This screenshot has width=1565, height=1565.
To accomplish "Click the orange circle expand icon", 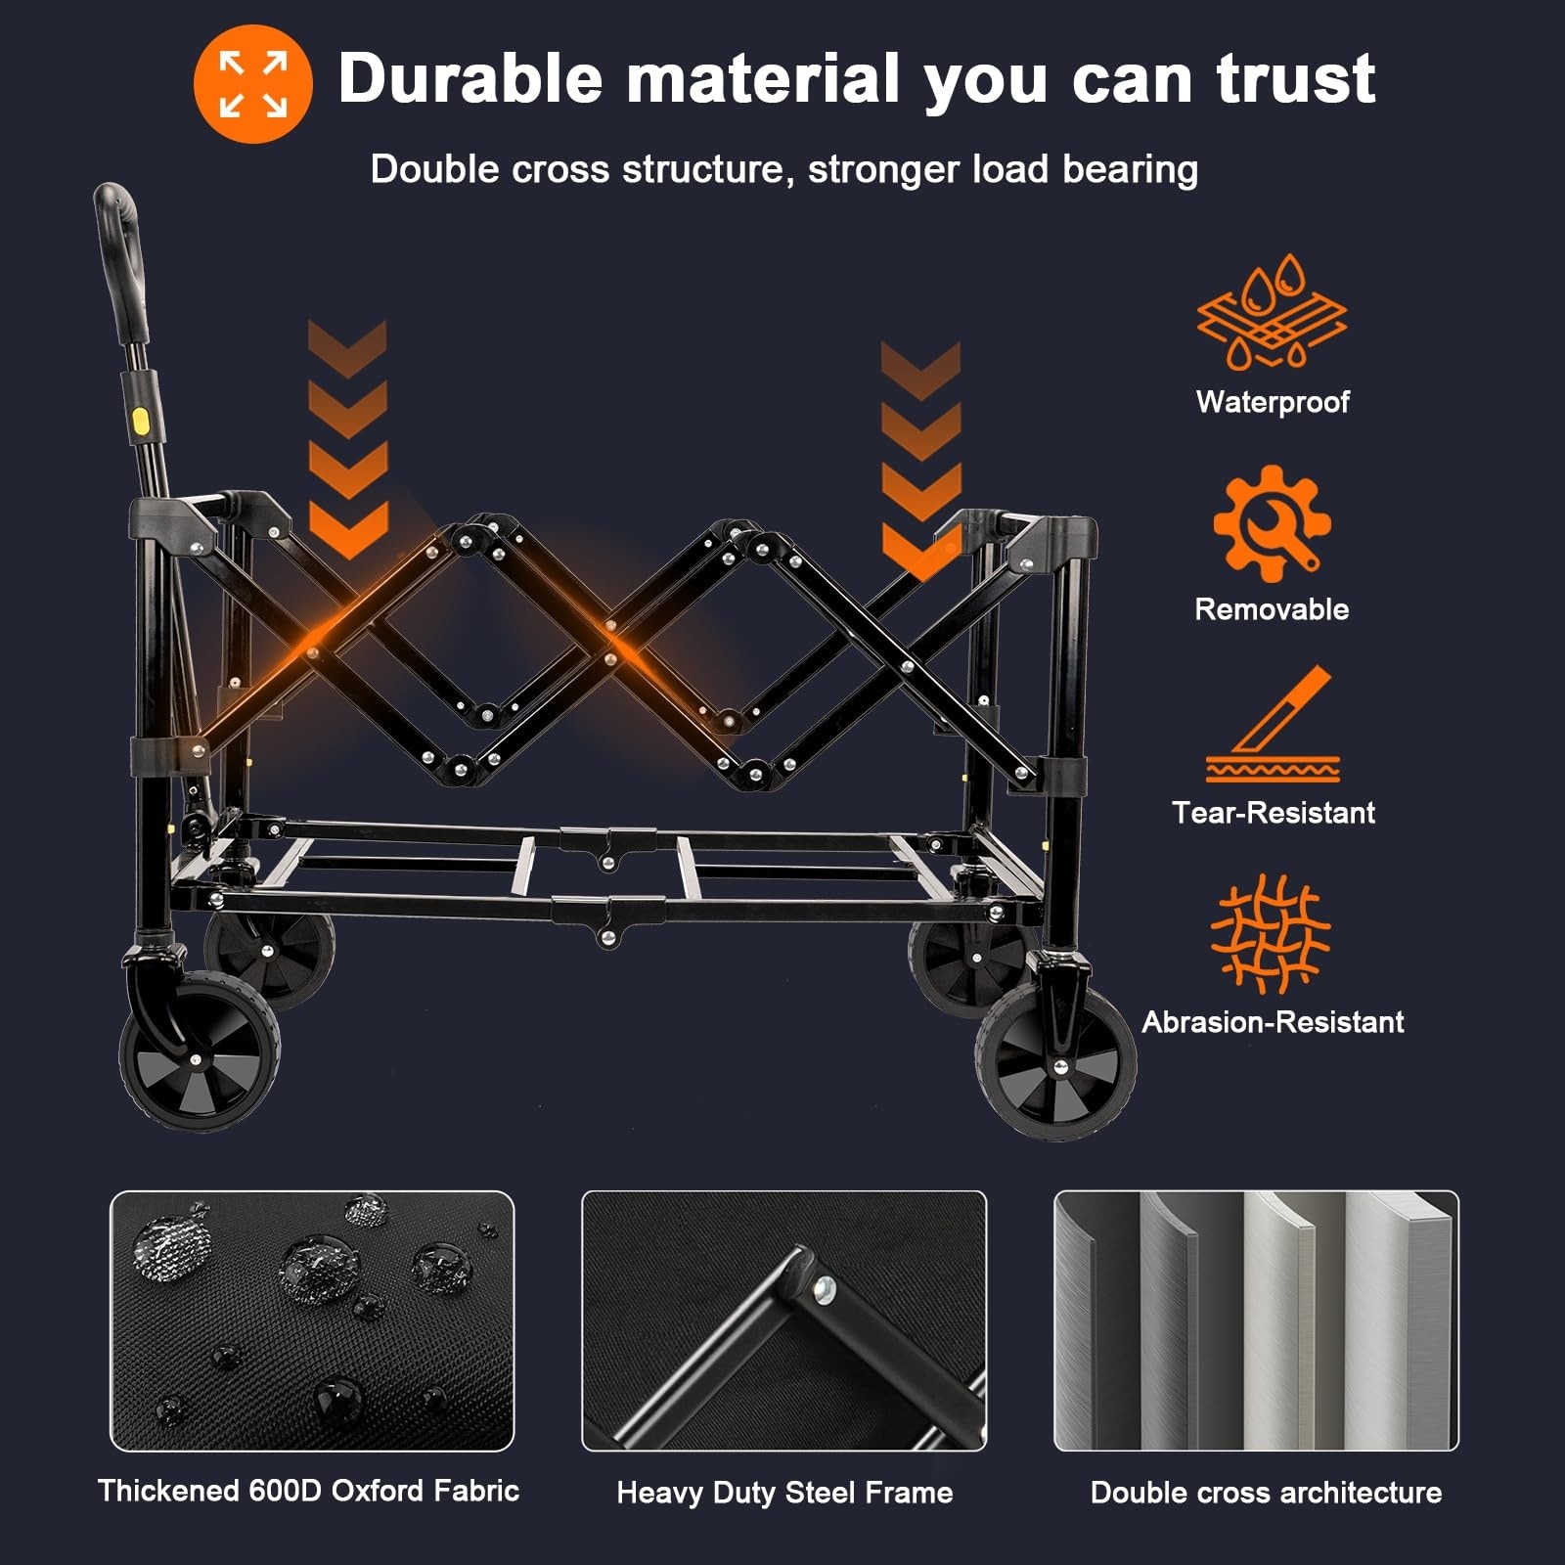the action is (x=252, y=84).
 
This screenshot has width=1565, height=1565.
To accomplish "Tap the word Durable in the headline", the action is (x=470, y=78).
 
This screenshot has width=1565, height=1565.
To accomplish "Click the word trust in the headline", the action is (x=1296, y=78).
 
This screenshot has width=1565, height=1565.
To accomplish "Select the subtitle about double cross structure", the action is (x=784, y=169).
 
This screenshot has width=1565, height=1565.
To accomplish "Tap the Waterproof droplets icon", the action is (x=1272, y=312).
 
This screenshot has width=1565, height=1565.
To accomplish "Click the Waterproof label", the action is (x=1273, y=402).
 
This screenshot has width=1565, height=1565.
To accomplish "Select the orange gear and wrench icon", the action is (x=1272, y=523).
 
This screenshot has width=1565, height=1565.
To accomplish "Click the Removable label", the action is (x=1272, y=609).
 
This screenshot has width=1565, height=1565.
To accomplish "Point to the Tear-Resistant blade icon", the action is (x=1273, y=725).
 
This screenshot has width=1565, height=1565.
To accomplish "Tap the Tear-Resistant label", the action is (x=1274, y=813).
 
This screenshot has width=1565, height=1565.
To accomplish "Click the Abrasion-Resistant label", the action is (x=1273, y=1022).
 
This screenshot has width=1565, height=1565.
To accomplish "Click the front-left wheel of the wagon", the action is (x=200, y=1052).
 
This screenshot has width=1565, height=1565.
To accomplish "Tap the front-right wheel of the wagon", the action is (x=1056, y=1062).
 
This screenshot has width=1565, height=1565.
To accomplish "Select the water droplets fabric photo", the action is (x=312, y=1320).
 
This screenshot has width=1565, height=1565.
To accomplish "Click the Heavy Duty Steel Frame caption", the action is (x=784, y=1493).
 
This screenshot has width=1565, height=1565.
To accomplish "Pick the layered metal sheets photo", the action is (x=1256, y=1320).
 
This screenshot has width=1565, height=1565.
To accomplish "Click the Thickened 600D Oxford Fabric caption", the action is (x=308, y=1491).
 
